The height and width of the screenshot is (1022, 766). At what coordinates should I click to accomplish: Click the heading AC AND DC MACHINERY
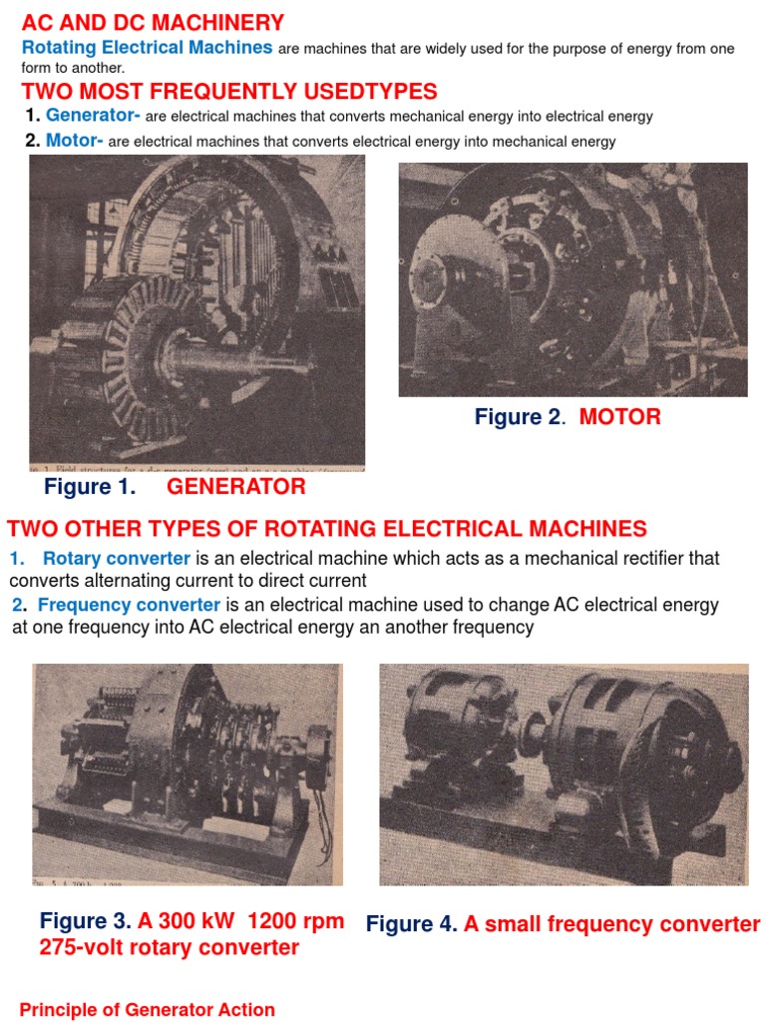click(153, 23)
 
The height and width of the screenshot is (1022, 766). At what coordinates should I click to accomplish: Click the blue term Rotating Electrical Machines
click(147, 48)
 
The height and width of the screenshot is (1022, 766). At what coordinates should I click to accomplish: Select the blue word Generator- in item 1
click(94, 116)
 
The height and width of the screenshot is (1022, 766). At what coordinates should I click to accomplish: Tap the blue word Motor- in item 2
click(74, 141)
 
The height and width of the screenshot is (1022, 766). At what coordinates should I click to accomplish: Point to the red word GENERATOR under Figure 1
click(235, 487)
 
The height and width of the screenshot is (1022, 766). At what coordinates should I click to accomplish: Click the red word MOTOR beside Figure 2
click(620, 417)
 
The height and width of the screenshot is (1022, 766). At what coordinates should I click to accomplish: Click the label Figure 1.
click(91, 487)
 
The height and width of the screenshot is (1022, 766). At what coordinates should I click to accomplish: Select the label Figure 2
click(519, 417)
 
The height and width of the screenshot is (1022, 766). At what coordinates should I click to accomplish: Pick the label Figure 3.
click(85, 921)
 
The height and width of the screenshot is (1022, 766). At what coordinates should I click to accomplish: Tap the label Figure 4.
click(411, 924)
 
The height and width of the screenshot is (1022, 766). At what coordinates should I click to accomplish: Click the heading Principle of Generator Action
click(147, 1010)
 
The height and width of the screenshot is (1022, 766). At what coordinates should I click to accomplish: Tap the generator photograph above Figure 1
click(196, 310)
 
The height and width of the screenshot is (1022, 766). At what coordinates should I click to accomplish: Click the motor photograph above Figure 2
click(573, 279)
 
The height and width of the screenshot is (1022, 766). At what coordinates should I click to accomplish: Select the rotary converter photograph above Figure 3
click(187, 772)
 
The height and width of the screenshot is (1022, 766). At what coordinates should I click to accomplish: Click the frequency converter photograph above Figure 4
click(564, 774)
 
